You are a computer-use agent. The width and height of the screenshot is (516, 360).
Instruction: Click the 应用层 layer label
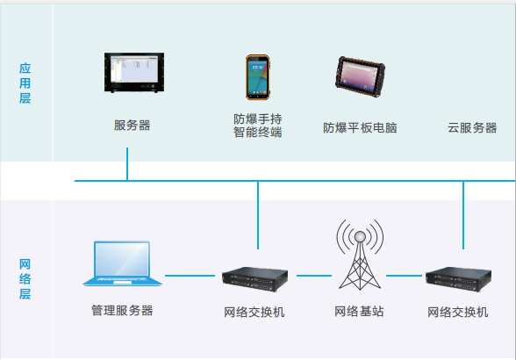tap(25, 83)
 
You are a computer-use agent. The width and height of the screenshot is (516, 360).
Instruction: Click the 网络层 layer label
tap(25, 279)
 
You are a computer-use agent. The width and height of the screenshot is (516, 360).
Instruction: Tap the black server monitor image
tap(134, 73)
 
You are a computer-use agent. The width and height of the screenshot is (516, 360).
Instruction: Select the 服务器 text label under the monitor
tap(132, 126)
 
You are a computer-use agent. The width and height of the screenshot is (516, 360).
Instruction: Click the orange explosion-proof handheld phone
tap(258, 77)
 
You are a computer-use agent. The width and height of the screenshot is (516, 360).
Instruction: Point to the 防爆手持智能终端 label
tap(258, 126)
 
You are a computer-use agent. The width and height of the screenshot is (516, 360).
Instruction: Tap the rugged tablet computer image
tap(360, 76)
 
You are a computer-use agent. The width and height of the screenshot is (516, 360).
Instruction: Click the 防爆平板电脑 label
tap(360, 128)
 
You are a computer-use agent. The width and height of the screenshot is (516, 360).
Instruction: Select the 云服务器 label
tap(472, 128)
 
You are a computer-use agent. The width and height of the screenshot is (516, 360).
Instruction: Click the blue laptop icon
tap(122, 263)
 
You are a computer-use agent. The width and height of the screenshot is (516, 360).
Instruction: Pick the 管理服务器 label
tap(122, 310)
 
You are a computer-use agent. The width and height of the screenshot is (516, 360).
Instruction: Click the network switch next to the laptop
tap(255, 279)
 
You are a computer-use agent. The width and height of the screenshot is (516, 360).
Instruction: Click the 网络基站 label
tap(359, 311)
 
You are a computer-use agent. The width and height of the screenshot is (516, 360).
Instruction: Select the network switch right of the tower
tap(458, 279)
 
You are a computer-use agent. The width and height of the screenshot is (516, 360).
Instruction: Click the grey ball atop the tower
tap(360, 236)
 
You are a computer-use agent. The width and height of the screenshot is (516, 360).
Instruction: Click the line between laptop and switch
tap(190, 276)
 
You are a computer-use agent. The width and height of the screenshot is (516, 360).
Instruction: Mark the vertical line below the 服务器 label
tap(127, 164)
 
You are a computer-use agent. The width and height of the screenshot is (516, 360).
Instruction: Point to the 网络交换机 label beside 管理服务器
tap(254, 312)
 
